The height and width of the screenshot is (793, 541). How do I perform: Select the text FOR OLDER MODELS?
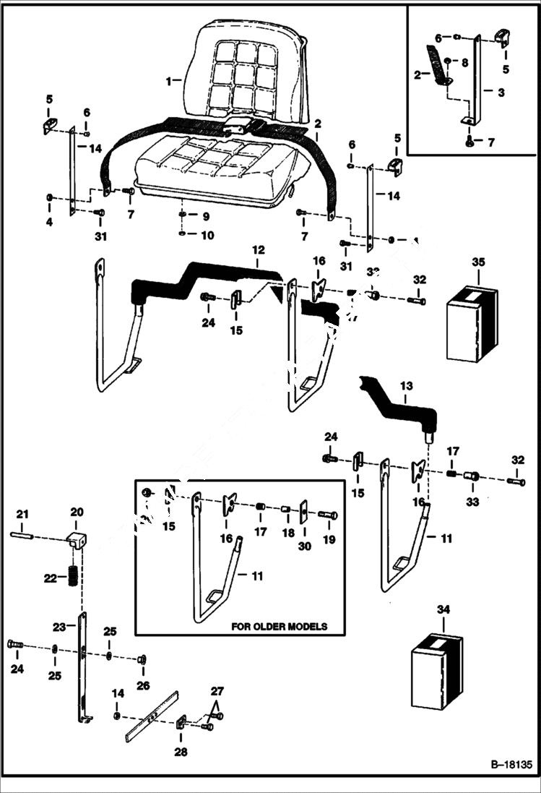(279, 626)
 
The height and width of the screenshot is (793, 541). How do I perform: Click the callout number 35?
(477, 261)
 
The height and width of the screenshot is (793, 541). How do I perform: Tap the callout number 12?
(258, 249)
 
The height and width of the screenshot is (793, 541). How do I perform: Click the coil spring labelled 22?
(73, 579)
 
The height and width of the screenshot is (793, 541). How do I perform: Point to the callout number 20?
(77, 512)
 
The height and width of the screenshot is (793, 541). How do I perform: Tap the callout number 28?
(181, 752)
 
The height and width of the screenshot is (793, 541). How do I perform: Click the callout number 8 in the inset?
(464, 63)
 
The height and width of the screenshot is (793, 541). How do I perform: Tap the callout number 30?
(304, 546)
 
